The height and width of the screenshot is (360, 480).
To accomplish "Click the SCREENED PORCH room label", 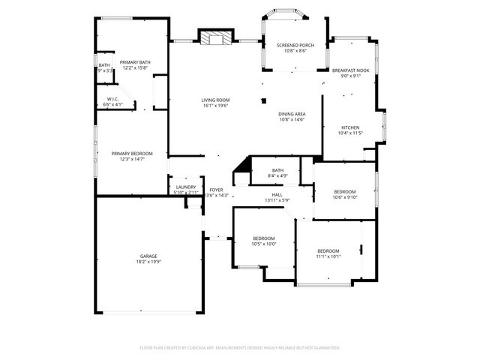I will click(295, 45).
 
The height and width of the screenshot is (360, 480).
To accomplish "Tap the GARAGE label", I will click(147, 256).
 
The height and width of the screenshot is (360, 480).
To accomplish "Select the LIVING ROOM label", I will click(215, 100).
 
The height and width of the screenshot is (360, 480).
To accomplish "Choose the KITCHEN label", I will click(350, 127).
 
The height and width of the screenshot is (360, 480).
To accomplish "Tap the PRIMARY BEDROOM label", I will click(121, 153).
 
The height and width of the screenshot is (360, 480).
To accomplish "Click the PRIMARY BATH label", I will click(135, 62).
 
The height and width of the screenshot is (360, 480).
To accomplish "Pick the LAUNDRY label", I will click(186, 187).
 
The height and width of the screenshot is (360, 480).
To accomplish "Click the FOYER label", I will click(216, 190).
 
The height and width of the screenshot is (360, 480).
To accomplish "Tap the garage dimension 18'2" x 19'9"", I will click(147, 262).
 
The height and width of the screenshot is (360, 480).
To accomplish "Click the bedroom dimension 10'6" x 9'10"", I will click(345, 197).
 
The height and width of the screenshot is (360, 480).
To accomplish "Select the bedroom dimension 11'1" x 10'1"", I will click(328, 256).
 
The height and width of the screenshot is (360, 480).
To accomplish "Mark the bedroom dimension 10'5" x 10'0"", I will click(264, 244).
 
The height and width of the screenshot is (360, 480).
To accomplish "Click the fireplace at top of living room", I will click(215, 38).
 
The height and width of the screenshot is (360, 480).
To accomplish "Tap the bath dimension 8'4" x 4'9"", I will click(277, 177).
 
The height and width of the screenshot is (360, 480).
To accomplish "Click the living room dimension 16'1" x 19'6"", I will click(215, 106).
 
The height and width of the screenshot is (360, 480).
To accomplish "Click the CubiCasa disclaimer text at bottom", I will click(240, 347).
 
